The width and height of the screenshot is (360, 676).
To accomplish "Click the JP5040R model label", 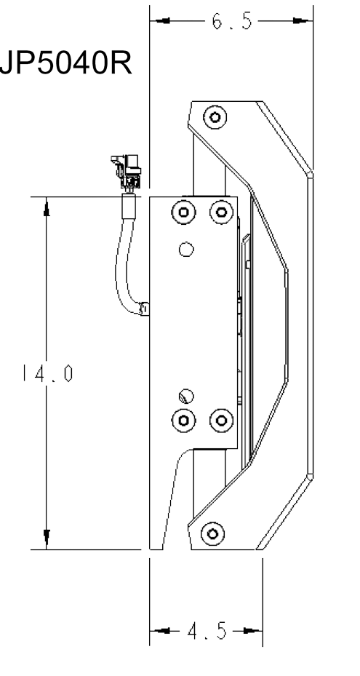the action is point(66,63).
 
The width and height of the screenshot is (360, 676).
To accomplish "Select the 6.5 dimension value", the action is point(231,20).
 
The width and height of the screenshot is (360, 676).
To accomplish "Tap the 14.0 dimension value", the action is point(47,373).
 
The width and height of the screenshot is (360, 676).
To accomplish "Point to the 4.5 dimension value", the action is point(207,631).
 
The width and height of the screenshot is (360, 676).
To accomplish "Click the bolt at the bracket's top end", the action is point(215,117).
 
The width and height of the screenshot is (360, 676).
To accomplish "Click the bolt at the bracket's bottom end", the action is point(212,533).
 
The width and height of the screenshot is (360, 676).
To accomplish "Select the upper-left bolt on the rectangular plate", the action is point(184,212).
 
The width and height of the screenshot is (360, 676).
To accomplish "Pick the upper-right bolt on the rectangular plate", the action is point(221,212).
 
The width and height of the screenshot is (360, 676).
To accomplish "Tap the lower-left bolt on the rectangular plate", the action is point(184,421).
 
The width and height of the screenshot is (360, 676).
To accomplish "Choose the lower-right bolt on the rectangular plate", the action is point(221,421).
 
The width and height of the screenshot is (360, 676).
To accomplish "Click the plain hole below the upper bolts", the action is point(186,249).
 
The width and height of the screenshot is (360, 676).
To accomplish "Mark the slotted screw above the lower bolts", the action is point(186,396).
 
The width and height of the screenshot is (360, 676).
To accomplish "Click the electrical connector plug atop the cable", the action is point(127,172).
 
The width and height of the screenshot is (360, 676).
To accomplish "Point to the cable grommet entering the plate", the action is point(144,309).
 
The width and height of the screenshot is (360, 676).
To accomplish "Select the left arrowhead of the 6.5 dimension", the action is point(161,20).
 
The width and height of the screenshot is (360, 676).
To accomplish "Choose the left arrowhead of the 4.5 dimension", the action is point(161,631).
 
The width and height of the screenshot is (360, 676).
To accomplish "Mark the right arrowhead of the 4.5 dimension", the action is point(252,631).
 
